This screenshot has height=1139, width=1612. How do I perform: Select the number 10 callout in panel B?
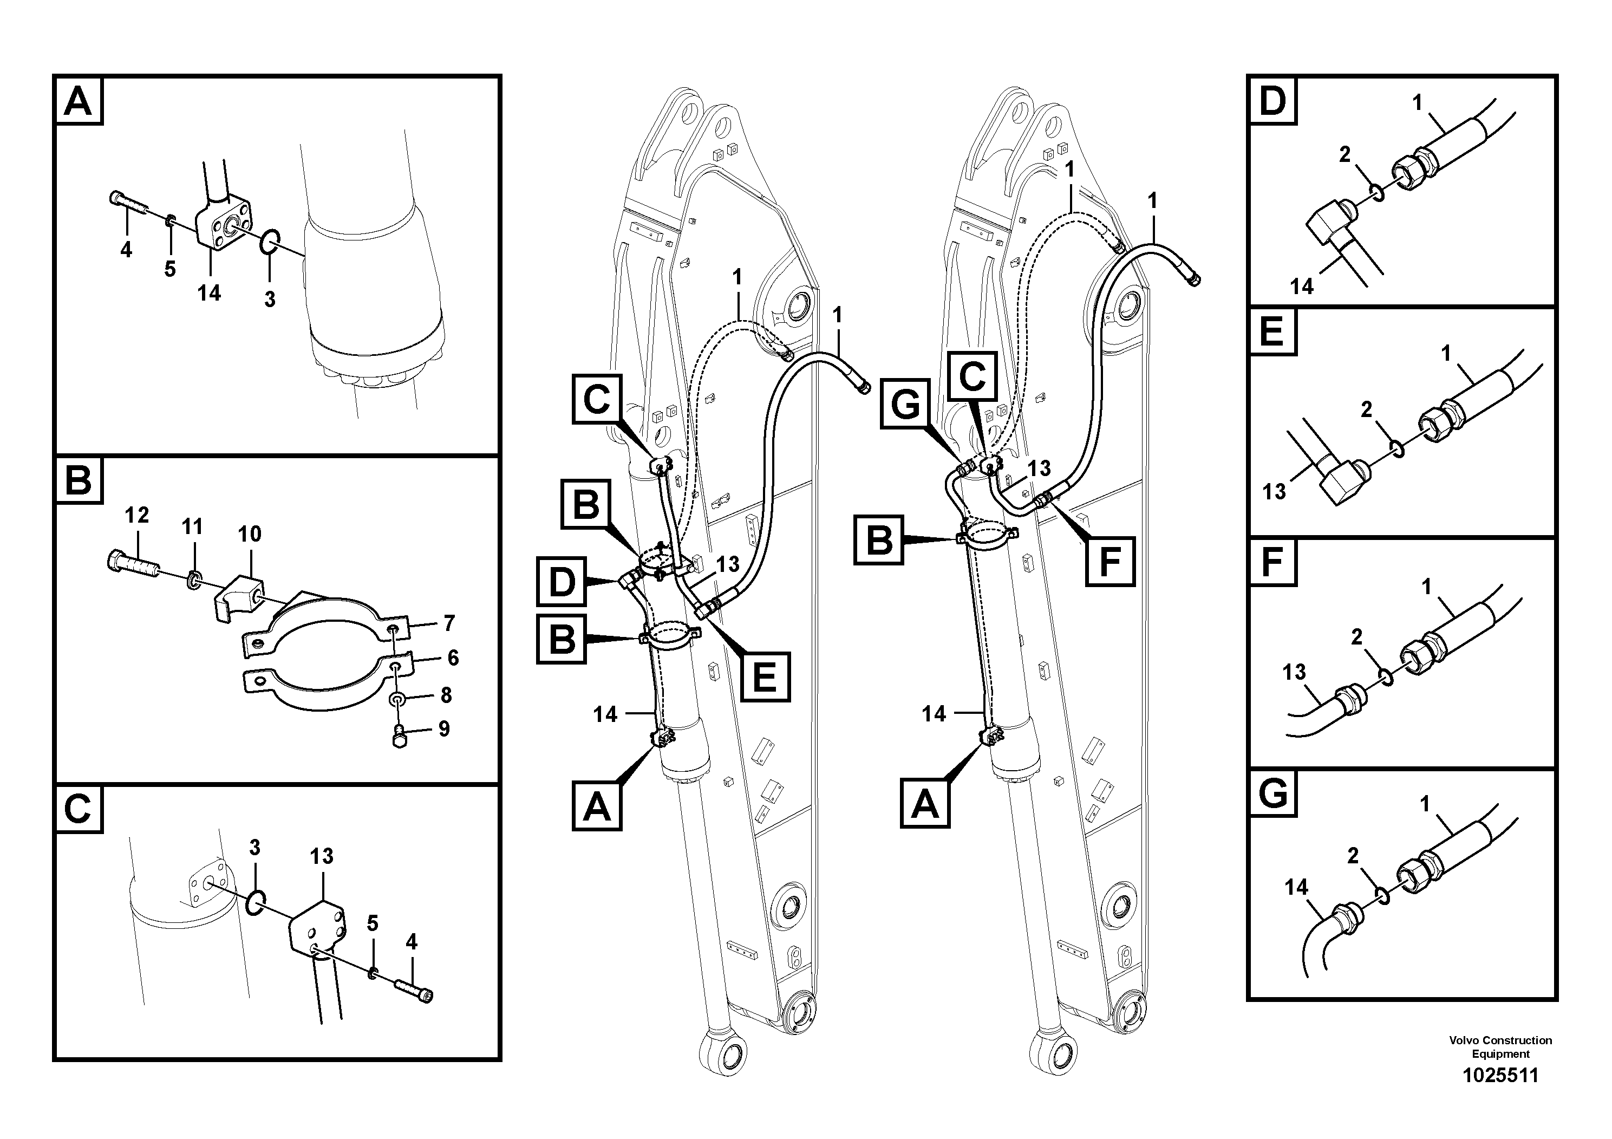(249, 535)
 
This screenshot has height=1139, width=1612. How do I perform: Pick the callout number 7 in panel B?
(449, 623)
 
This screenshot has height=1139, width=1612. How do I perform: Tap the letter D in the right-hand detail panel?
(1272, 101)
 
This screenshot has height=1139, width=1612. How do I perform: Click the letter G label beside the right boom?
(906, 404)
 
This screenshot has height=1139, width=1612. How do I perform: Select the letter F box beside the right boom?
(1110, 561)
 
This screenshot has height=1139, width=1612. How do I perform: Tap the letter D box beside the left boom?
(561, 582)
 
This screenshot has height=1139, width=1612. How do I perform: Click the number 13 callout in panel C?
(322, 856)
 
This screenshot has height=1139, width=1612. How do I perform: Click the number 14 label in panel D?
(1302, 287)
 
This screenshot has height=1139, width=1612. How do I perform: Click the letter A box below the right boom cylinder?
(925, 805)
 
